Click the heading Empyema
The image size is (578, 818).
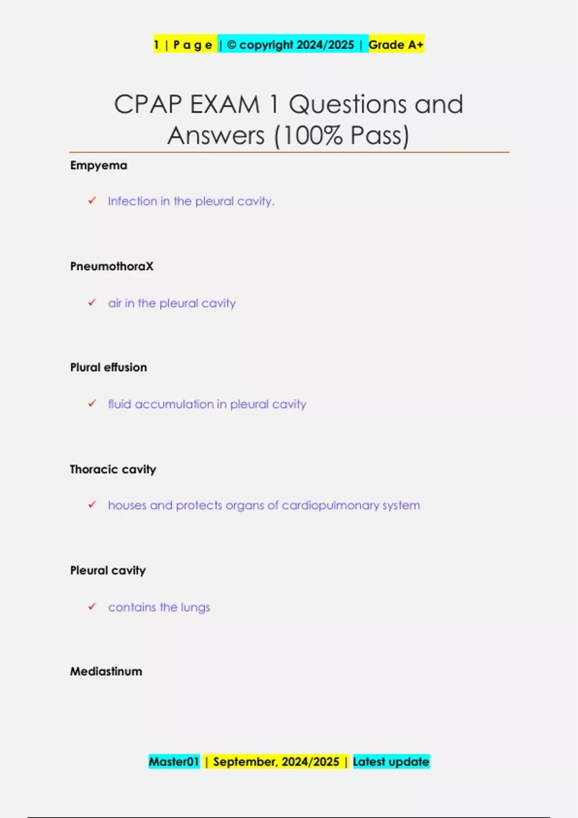[x=99, y=166]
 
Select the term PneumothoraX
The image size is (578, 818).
[x=112, y=267]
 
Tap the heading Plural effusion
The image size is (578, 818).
[x=108, y=368]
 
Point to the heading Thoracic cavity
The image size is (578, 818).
[x=113, y=470]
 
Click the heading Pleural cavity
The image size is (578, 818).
[x=108, y=571]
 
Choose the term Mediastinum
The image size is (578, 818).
[x=106, y=672]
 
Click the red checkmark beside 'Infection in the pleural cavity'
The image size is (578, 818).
[x=92, y=201]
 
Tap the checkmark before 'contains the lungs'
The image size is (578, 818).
[x=92, y=607]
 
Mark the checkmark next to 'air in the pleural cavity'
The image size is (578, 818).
[x=92, y=303]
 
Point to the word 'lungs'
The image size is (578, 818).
[x=195, y=608]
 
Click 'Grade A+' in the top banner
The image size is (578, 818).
[x=396, y=45]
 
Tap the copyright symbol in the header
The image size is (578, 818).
[x=232, y=45]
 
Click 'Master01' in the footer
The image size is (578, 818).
[x=174, y=762]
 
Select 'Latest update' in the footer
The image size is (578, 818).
[x=391, y=762]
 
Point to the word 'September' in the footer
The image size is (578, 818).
[x=245, y=762]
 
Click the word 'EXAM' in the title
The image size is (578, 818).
[x=225, y=104]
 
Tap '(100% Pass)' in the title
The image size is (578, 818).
[x=342, y=136]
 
